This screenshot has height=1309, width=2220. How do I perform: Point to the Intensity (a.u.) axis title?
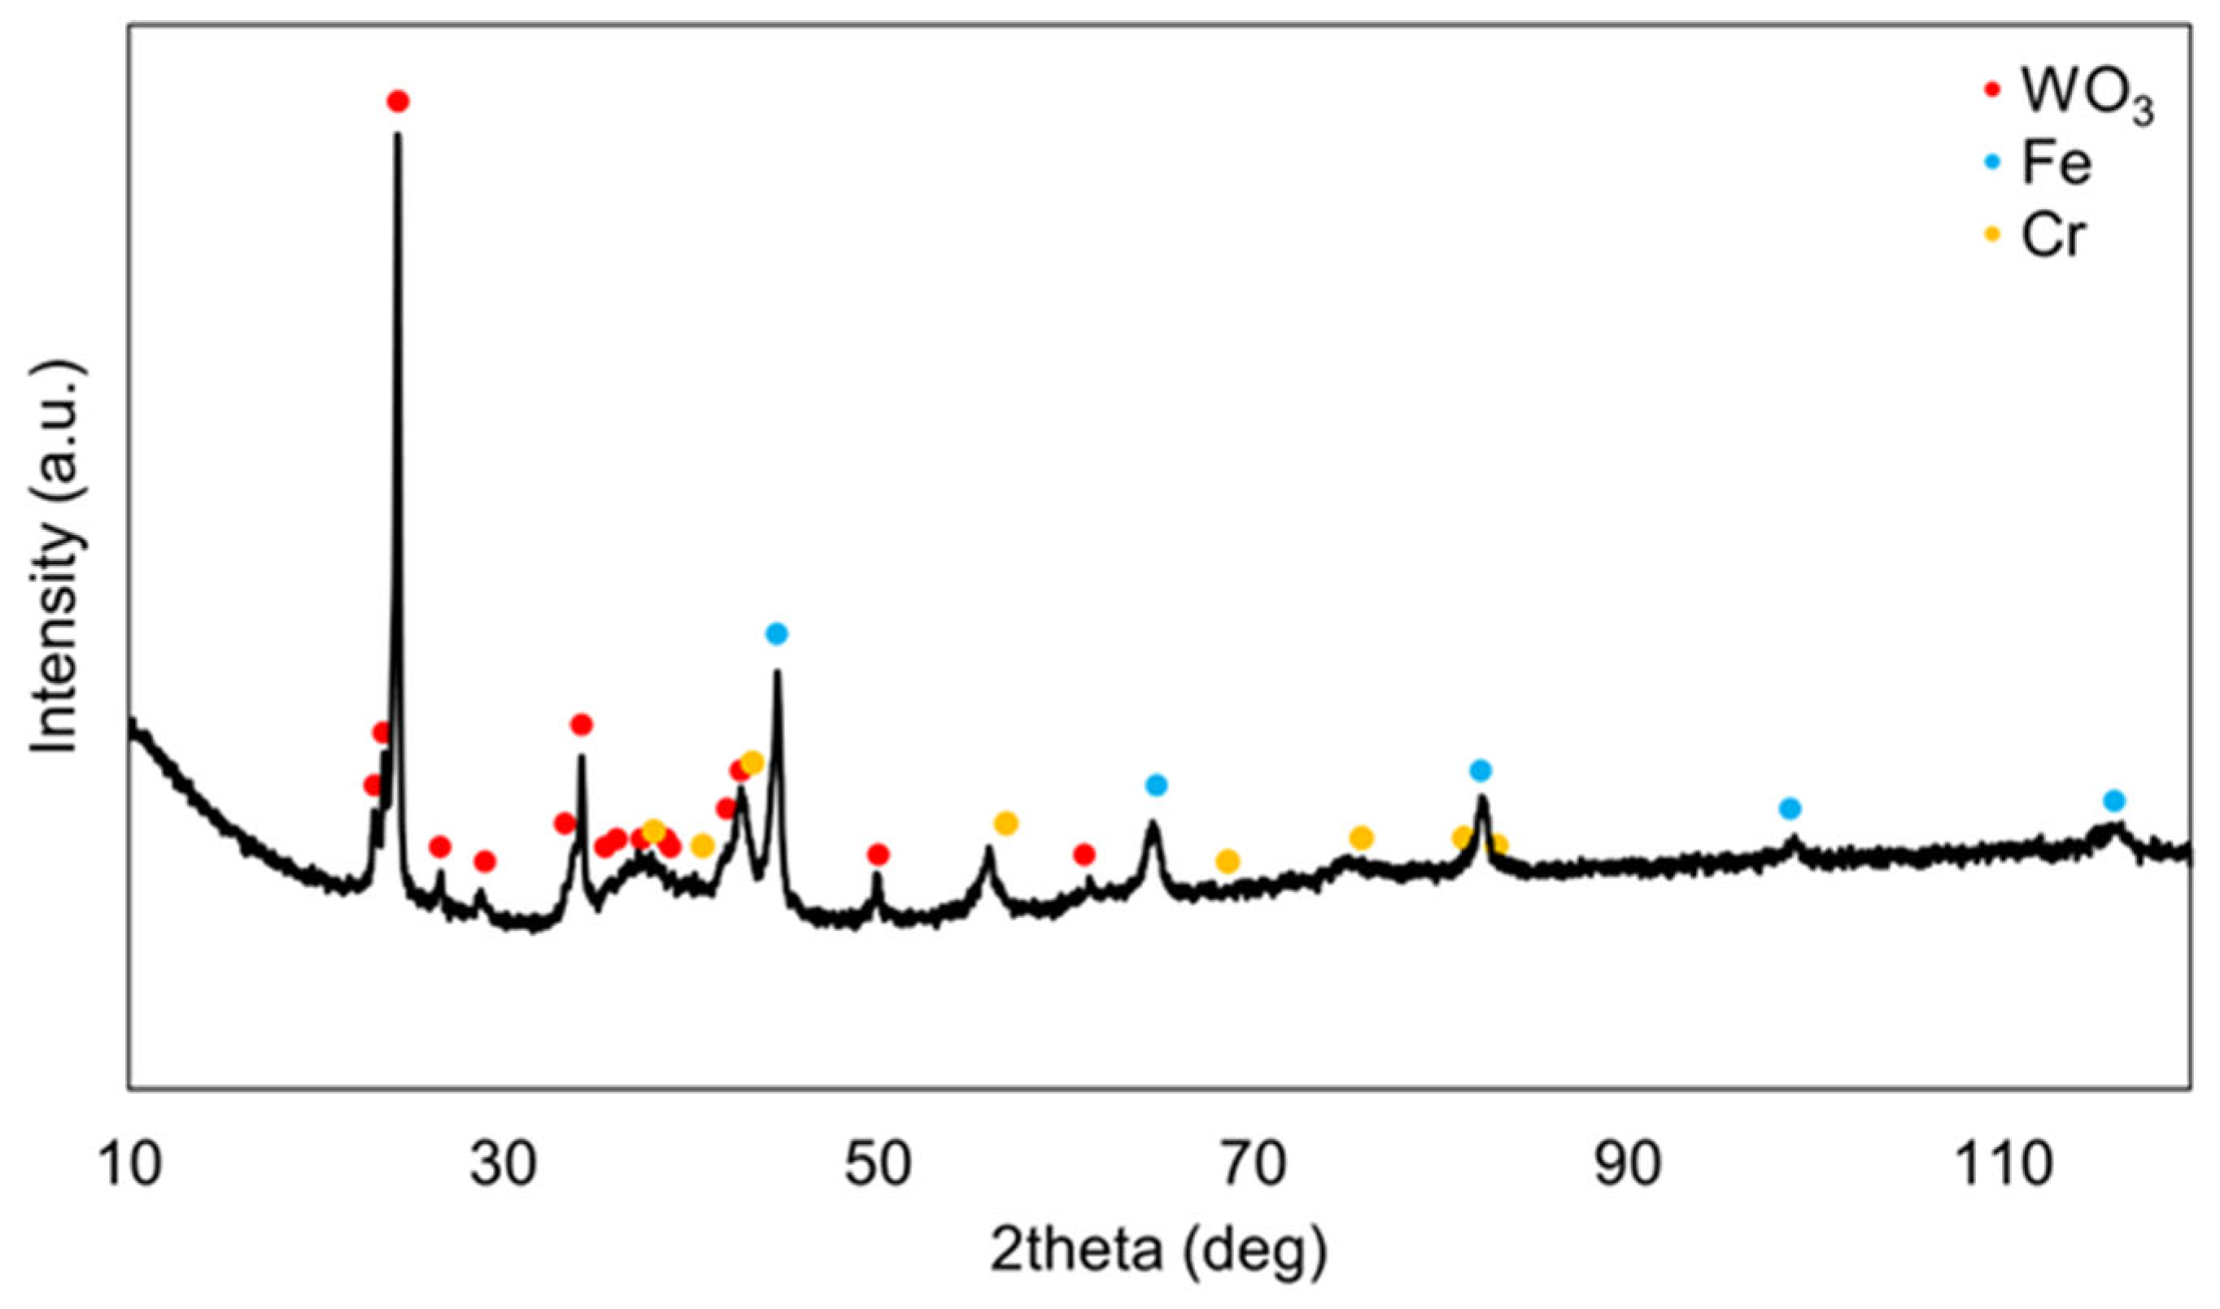click(x=59, y=558)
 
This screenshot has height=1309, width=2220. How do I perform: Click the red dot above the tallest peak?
click(x=398, y=101)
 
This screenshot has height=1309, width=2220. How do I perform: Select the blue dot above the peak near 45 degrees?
click(x=776, y=633)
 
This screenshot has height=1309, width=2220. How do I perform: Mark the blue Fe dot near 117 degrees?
click(x=2114, y=801)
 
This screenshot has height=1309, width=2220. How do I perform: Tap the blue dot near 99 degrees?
click(x=1790, y=808)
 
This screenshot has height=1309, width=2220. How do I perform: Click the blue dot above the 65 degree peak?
click(x=1156, y=784)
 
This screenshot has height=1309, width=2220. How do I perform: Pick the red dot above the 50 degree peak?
click(x=877, y=854)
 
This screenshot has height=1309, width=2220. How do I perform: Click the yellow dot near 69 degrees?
click(x=1228, y=861)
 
